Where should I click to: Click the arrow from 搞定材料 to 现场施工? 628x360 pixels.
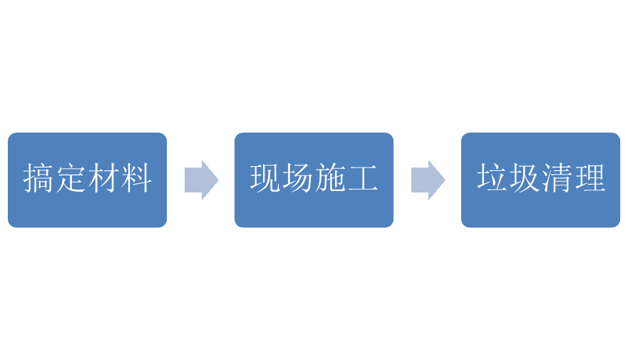click(200, 180)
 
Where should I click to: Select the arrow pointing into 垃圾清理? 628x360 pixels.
click(427, 180)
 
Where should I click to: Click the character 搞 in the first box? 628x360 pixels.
click(39, 179)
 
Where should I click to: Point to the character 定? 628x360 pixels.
click(71, 179)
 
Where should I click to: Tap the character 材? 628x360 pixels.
click(103, 179)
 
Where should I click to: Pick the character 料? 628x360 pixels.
click(135, 179)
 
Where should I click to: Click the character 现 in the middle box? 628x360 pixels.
click(266, 179)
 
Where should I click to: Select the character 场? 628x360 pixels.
click(298, 179)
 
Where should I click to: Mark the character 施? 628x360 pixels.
click(330, 179)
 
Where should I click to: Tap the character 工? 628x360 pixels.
click(362, 179)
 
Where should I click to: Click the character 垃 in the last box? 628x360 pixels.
click(493, 179)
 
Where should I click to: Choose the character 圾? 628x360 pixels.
click(525, 179)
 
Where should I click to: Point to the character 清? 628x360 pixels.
click(557, 179)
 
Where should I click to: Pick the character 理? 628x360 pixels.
click(589, 179)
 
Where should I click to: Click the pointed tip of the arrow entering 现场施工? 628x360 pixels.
click(217, 180)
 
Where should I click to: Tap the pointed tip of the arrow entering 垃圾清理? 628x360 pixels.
click(443, 180)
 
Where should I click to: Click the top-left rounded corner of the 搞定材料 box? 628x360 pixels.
click(10, 135)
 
